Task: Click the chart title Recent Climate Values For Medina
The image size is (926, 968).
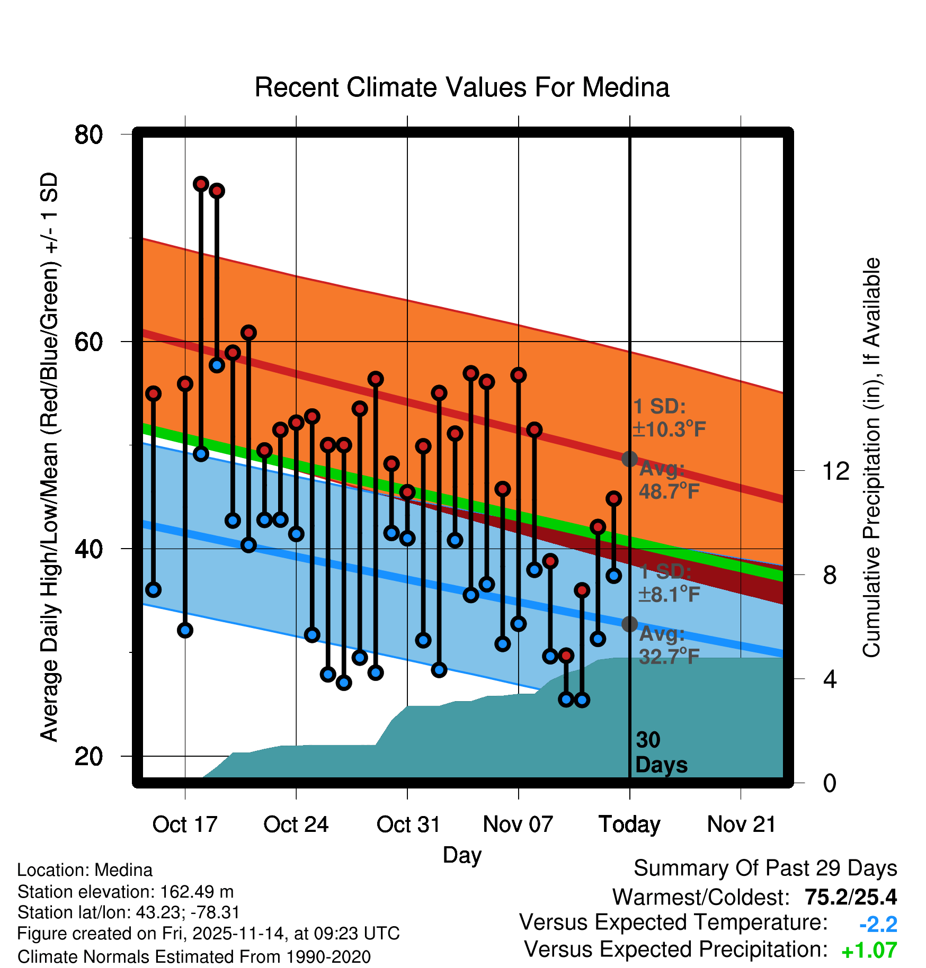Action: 462,87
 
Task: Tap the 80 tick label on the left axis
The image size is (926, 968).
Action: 88,135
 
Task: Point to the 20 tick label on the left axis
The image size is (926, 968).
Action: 88,756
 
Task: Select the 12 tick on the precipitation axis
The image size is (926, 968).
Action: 835,471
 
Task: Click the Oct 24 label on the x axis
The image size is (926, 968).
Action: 296,824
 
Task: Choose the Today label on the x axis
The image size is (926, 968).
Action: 629,824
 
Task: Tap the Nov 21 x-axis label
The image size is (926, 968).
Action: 741,824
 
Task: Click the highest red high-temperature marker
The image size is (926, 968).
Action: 201,184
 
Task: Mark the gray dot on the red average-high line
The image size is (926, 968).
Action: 629,459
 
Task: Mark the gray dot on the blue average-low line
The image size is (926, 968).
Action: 629,624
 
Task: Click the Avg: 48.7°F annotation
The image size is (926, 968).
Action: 669,480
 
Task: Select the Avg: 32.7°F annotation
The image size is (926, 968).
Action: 669,646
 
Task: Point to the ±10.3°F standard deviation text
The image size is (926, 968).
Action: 670,429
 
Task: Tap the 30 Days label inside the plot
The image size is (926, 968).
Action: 661,752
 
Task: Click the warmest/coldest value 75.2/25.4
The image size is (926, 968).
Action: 850,897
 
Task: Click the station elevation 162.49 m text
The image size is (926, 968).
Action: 126,892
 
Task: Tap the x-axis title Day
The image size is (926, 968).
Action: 462,855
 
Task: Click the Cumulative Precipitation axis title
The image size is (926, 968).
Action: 871,458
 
